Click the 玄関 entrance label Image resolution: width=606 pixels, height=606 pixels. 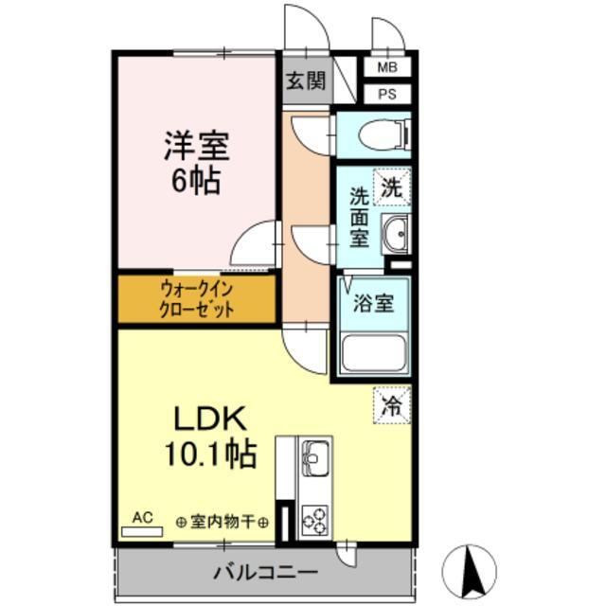305,81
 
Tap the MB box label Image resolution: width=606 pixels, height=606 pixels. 388,68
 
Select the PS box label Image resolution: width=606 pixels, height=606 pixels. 388,94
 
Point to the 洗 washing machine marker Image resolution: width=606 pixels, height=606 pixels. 391,187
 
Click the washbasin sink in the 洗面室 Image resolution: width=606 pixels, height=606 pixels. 396,232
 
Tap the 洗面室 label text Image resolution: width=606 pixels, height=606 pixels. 360,217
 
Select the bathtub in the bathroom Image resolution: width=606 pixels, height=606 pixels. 373,352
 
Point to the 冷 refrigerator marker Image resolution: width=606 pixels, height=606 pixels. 391,404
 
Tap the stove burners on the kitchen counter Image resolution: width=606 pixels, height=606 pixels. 312,517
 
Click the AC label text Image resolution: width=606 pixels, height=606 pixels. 142,517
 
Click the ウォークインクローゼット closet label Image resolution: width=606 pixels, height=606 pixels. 197,299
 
